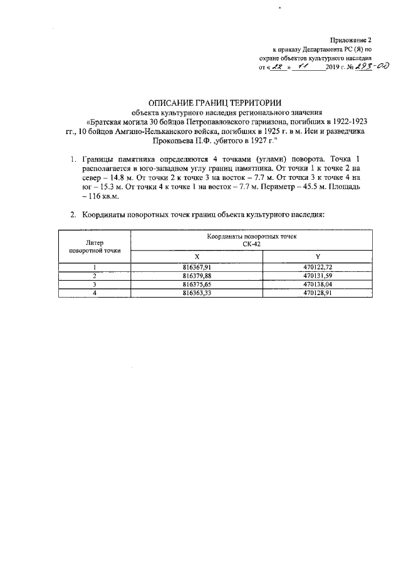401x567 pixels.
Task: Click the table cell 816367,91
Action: (197, 268)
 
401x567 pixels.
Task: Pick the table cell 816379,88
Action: (197, 276)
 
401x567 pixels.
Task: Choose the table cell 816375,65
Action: (197, 284)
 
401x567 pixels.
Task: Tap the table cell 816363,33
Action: (197, 292)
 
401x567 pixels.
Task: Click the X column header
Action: (197, 257)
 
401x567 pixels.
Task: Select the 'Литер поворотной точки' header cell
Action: (95, 246)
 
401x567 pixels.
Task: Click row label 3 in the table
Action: (95, 284)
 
